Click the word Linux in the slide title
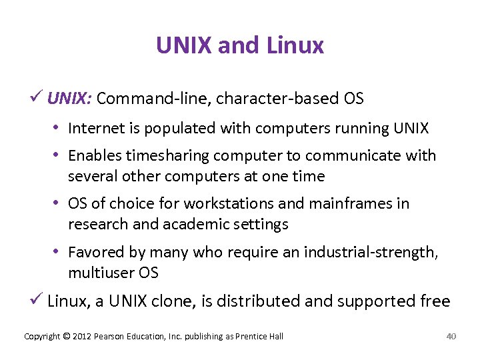[295, 45]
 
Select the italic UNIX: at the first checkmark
[70, 99]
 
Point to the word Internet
[95, 127]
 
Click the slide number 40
[451, 336]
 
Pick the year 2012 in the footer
[81, 337]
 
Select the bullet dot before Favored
[60, 252]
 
